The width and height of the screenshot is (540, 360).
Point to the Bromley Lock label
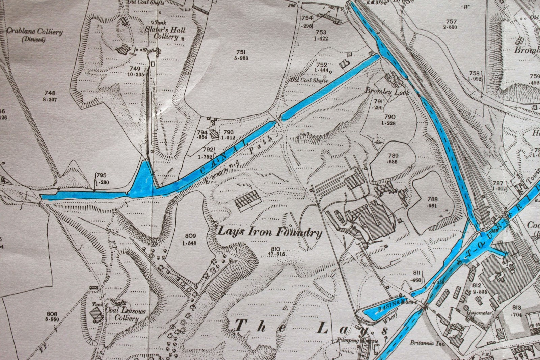pos(387,92)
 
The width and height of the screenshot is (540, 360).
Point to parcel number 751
pos(240,52)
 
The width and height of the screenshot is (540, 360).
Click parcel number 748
pos(50,93)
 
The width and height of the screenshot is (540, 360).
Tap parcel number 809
pos(190,236)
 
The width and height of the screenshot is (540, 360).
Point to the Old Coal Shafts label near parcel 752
pos(309,80)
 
